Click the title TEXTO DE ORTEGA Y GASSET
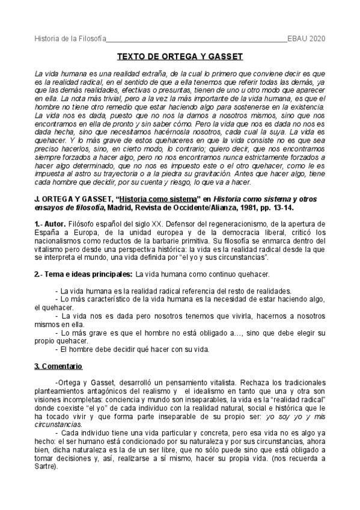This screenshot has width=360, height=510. (x=179, y=57)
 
